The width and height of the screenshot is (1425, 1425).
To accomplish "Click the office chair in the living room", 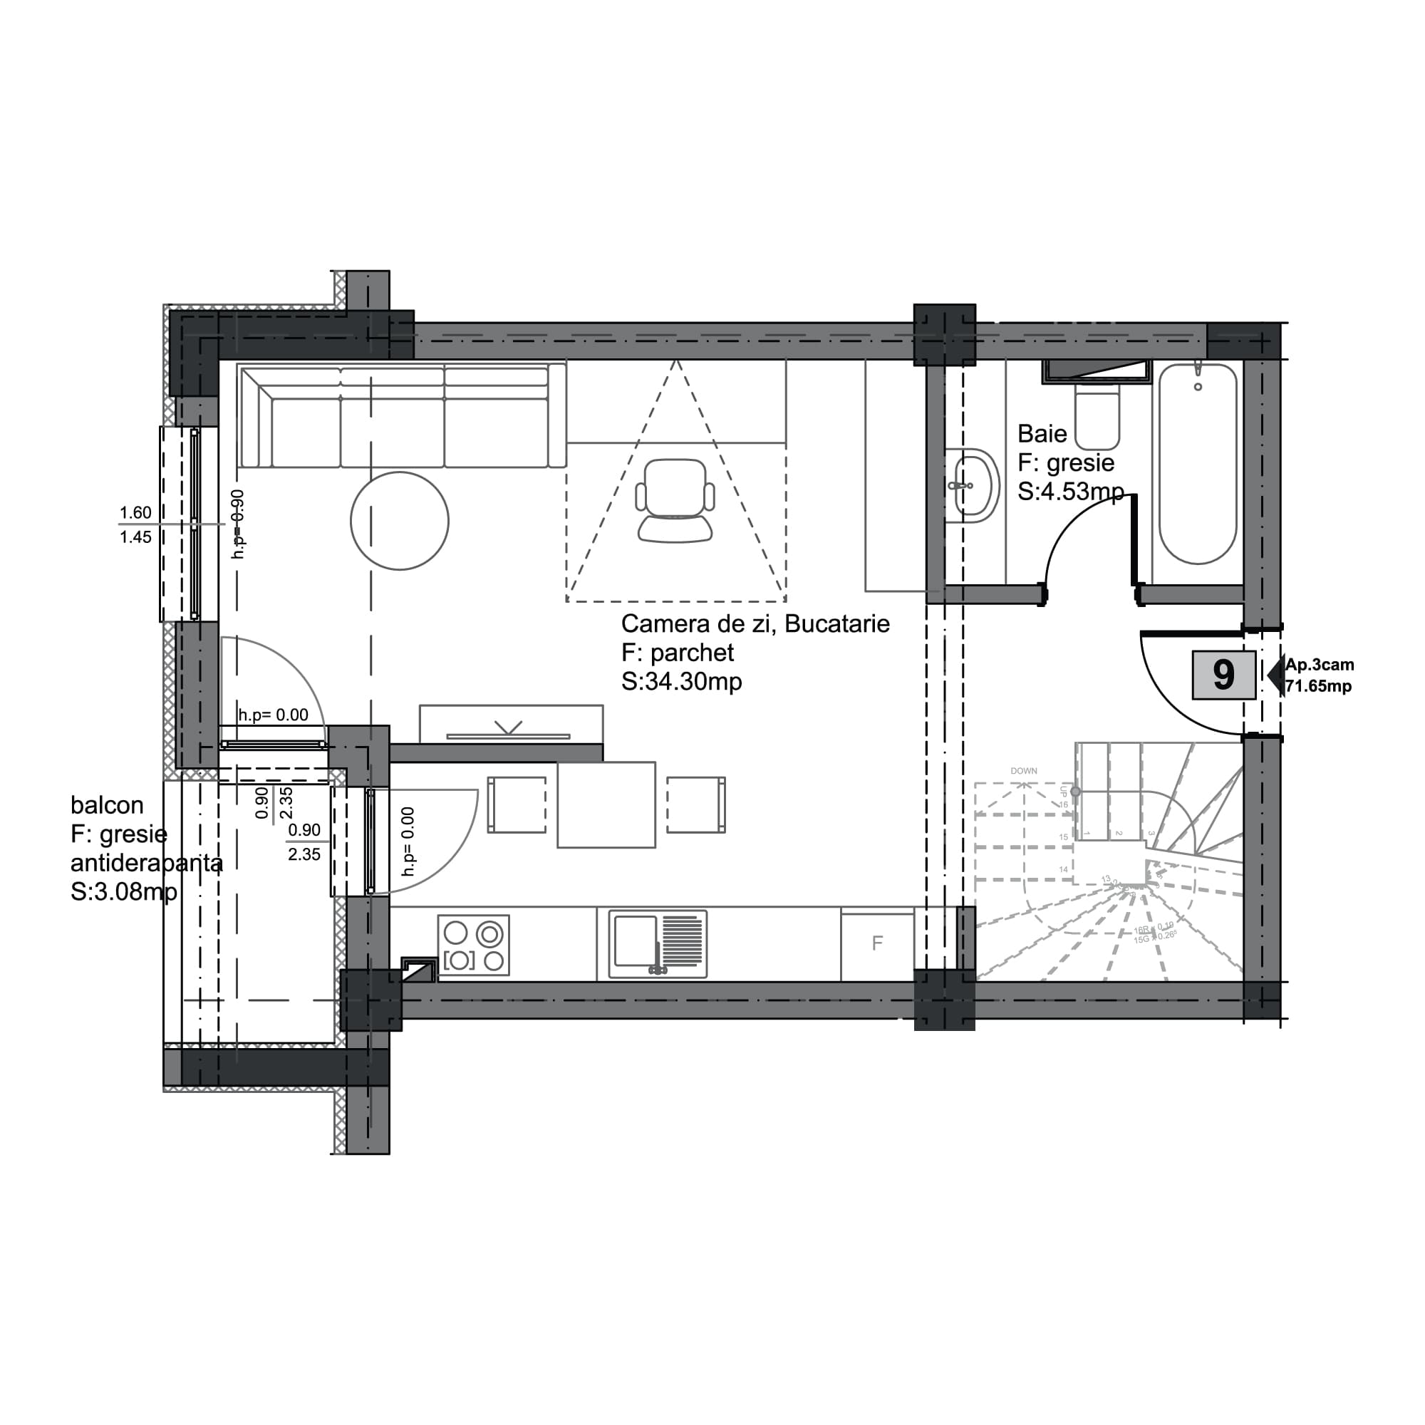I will coord(675,500).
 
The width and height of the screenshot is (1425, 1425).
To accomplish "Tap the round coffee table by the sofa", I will coord(399,521).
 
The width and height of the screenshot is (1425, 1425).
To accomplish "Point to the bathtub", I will coord(1197,465).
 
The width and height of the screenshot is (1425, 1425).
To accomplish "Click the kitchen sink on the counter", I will coord(657,944).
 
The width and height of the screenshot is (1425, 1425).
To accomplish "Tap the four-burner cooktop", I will coord(474,945).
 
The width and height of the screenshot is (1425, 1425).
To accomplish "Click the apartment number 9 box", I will coord(1223,674).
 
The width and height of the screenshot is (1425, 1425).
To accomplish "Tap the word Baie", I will coord(1042,434).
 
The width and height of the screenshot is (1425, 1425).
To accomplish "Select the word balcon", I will coord(107,804).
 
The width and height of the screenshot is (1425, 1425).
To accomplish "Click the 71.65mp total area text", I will coord(1318,687).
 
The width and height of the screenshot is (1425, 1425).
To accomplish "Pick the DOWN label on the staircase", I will coord(1023,771).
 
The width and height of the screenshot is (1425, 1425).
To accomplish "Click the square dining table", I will coord(606,804).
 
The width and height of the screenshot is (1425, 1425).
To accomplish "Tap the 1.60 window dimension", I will coord(135,512).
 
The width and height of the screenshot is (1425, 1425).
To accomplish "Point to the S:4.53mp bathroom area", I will coord(1070,491).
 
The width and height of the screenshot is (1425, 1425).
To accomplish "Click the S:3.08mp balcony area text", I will coord(124,892).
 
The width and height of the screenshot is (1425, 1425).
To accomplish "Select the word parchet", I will coord(692,653).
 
